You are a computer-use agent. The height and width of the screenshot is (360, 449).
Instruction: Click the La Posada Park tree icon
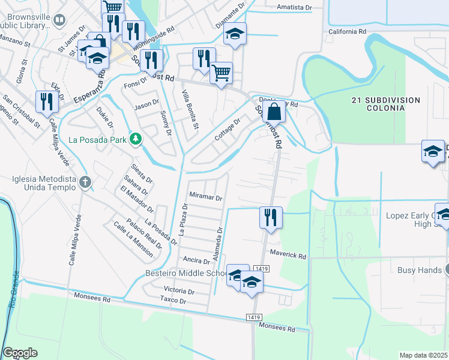click(136, 139)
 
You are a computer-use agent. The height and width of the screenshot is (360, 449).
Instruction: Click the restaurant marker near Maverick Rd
click(271, 217)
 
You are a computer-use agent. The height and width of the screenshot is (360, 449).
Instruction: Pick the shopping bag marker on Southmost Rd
click(274, 112)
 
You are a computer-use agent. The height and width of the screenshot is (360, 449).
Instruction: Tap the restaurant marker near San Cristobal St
click(46, 101)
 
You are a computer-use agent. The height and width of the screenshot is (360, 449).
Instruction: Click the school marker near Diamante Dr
click(235, 34)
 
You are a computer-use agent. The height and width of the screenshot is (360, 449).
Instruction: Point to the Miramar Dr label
click(206, 197)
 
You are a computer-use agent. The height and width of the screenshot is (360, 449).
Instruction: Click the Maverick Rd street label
click(288, 255)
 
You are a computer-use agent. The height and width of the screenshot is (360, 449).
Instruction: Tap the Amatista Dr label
click(296, 8)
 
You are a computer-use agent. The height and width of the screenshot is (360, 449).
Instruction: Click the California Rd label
click(347, 31)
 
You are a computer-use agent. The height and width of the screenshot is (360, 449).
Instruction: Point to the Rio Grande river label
click(13, 291)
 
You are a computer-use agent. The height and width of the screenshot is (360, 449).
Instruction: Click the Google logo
click(20, 353)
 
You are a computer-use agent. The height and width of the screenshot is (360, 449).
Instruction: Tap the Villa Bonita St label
click(190, 109)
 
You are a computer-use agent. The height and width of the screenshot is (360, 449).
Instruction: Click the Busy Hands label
click(420, 270)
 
